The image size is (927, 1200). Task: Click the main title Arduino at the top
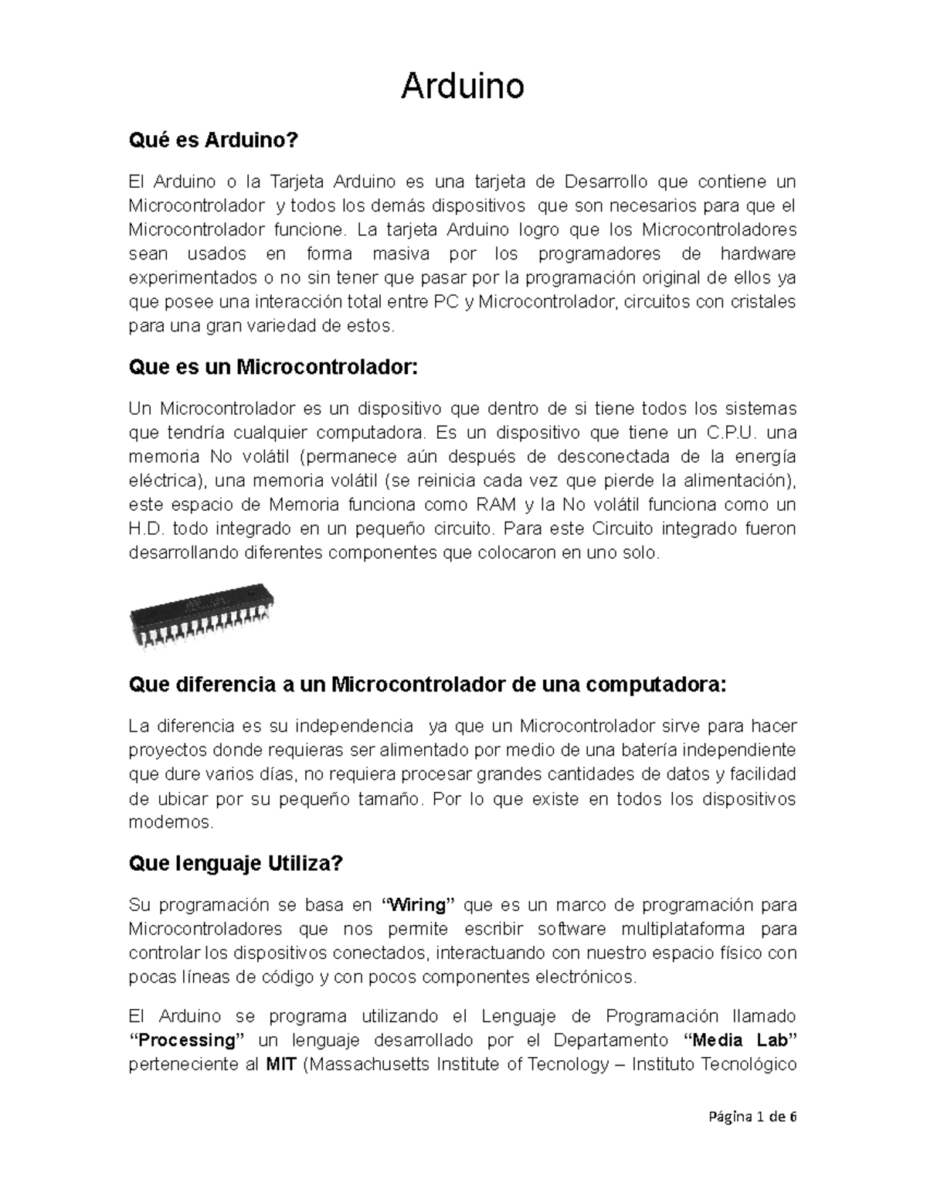tap(462, 87)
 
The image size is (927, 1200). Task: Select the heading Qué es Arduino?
tap(212, 141)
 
